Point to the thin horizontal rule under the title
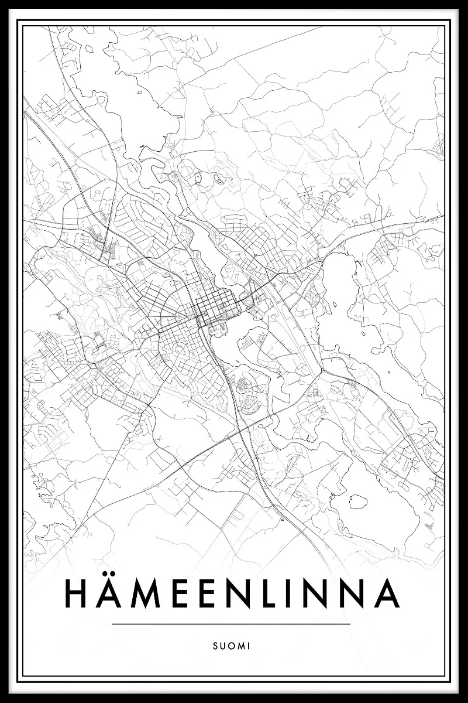point(230,624)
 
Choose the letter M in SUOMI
point(242,646)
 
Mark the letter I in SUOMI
point(249,646)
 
